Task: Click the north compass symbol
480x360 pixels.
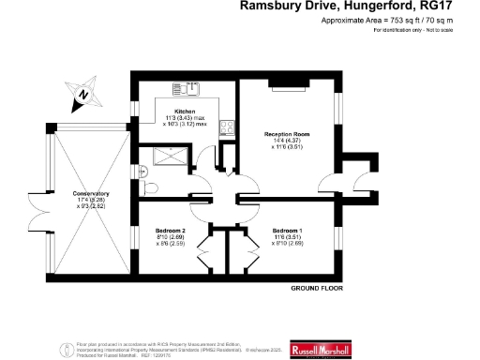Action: (x=81, y=92)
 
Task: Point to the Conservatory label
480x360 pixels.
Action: (x=91, y=195)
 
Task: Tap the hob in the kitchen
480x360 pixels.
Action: (x=226, y=127)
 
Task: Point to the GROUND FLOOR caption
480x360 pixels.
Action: (x=314, y=288)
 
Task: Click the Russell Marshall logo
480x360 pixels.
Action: (x=321, y=349)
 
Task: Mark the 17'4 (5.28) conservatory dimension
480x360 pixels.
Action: (x=91, y=201)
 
